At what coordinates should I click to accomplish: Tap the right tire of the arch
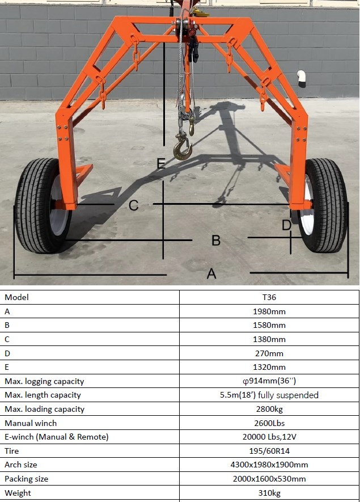pyautogui.click(x=323, y=205)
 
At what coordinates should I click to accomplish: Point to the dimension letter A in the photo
pyautogui.click(x=211, y=274)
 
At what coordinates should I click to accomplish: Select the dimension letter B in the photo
pyautogui.click(x=216, y=240)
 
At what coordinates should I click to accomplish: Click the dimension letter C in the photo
pyautogui.click(x=133, y=205)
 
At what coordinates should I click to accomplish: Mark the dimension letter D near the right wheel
pyautogui.click(x=286, y=225)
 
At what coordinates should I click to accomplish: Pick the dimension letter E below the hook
pyautogui.click(x=161, y=163)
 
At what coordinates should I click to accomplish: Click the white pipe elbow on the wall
pyautogui.click(x=301, y=78)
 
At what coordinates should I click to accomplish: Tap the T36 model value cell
pyautogui.click(x=269, y=297)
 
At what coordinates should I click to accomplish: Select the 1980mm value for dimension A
pyautogui.click(x=269, y=311)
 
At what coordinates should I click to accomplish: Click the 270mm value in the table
pyautogui.click(x=269, y=353)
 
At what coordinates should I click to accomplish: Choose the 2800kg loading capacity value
pyautogui.click(x=269, y=409)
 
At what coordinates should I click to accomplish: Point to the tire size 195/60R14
pyautogui.click(x=269, y=451)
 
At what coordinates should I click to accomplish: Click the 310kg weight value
pyautogui.click(x=269, y=493)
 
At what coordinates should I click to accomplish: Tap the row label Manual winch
pyautogui.click(x=31, y=423)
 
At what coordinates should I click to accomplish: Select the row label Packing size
pyautogui.click(x=26, y=479)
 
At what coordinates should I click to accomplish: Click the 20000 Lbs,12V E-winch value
pyautogui.click(x=269, y=437)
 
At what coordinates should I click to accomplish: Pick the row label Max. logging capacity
pyautogui.click(x=44, y=381)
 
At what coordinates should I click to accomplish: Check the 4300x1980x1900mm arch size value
pyautogui.click(x=269, y=465)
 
